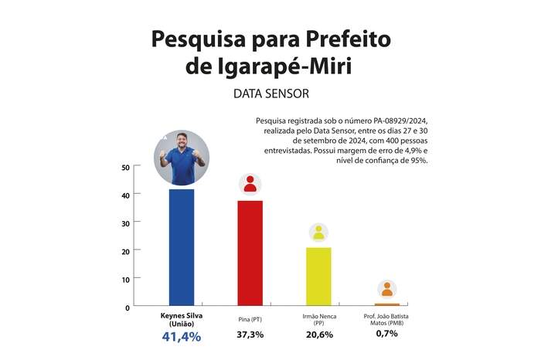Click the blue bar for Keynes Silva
[182, 247]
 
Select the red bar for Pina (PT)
[250, 253]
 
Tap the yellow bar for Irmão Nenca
[318, 276]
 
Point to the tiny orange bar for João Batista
[386, 304]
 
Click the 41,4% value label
[182, 337]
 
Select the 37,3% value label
[250, 335]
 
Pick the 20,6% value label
[318, 335]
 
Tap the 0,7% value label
[386, 335]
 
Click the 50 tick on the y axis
[125, 167]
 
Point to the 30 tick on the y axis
[125, 222]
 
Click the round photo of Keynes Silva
[182, 158]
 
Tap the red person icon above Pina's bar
[250, 184]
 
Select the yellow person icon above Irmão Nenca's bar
[318, 232]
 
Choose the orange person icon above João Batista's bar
[386, 290]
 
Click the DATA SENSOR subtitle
[270, 94]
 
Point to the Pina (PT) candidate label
[250, 318]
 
